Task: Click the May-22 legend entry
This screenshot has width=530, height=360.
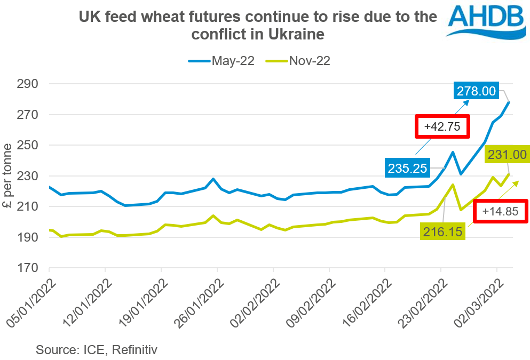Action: (221, 61)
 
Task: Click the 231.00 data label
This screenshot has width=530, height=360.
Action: (507, 155)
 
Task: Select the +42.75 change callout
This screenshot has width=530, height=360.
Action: (443, 127)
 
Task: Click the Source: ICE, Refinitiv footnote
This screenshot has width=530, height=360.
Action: (97, 350)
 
